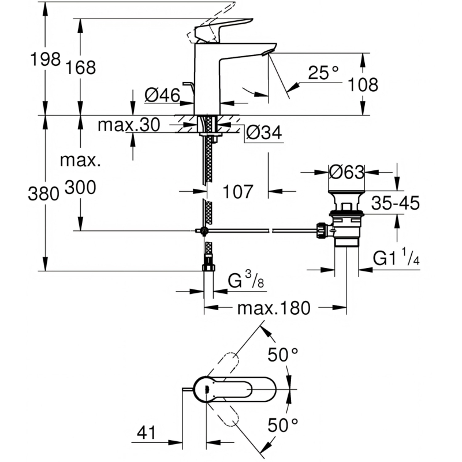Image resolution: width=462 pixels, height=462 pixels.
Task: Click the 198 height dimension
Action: click(46, 59)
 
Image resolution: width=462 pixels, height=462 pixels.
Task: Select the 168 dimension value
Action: click(80, 68)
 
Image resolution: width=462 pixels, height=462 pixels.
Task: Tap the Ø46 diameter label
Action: click(162, 95)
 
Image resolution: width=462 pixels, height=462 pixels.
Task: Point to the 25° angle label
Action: click(323, 73)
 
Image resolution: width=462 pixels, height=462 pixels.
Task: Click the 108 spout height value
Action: click(363, 85)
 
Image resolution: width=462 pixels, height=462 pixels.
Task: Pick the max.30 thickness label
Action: click(129, 125)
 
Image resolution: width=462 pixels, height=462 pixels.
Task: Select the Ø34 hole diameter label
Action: click(264, 132)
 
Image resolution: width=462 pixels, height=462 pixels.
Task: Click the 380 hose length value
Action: click(44, 194)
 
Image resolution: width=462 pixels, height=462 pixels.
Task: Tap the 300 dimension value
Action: click(80, 187)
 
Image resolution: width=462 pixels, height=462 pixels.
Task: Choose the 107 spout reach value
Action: click(238, 192)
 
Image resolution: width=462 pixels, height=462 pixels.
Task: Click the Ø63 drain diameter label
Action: click(346, 172)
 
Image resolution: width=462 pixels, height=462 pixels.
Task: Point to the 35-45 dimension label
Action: click(395, 203)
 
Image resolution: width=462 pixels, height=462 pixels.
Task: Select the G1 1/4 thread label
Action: click(396, 257)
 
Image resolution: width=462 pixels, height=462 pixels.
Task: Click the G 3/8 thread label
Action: click(246, 280)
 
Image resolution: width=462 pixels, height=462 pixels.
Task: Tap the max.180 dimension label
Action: click(274, 308)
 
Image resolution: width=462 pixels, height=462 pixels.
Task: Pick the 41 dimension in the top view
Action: click(147, 433)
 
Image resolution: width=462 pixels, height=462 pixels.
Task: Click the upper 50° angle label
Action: click(283, 355)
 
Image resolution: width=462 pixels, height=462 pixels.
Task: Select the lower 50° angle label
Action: click(283, 425)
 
